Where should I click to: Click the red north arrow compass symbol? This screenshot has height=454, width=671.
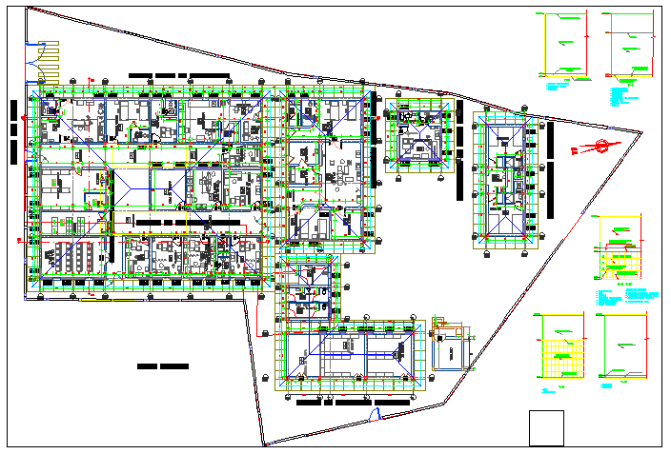tap(601, 147)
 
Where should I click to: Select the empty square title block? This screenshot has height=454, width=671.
tap(546, 427)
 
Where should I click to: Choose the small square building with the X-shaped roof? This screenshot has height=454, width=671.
tap(417, 137)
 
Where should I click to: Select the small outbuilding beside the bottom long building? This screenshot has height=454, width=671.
tap(449, 349)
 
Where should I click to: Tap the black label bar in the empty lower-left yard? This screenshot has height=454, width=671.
tap(163, 366)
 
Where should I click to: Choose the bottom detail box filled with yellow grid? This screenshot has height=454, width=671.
tap(562, 348)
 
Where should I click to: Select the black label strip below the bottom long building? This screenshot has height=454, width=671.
tap(353, 404)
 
